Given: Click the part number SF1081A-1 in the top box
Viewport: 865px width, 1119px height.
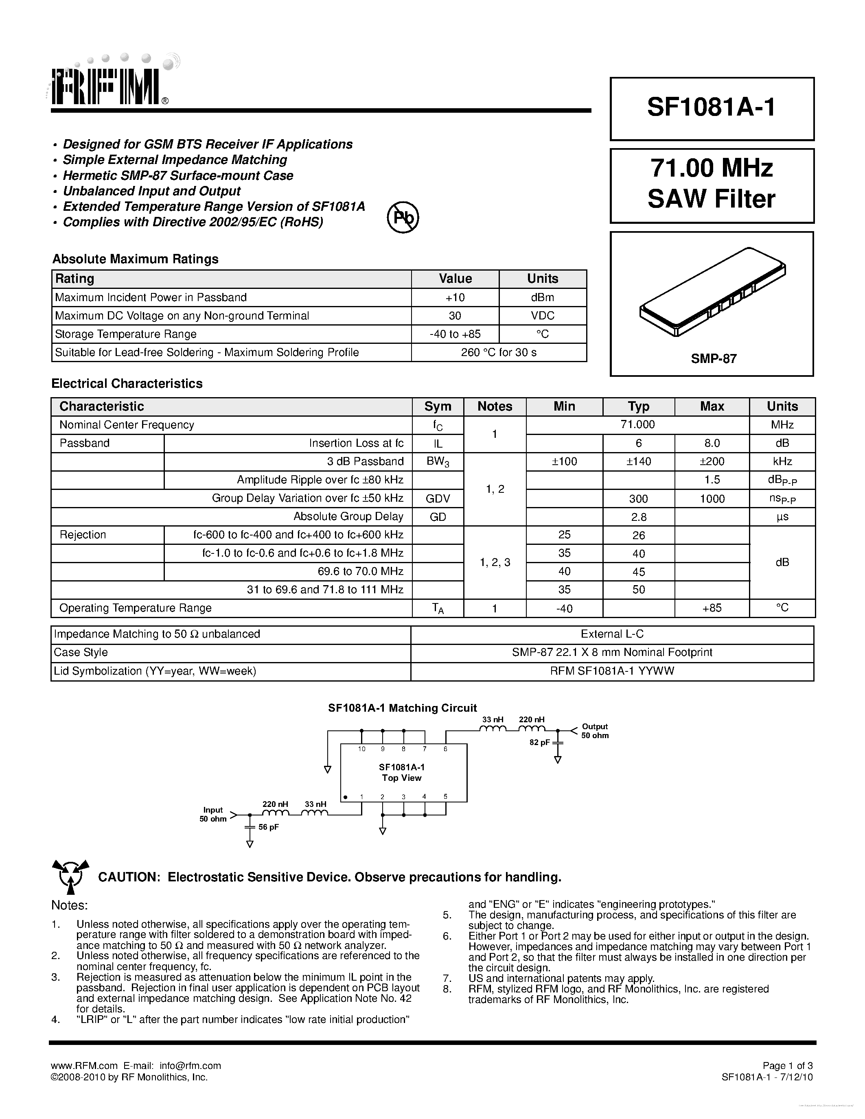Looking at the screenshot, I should coord(711,107).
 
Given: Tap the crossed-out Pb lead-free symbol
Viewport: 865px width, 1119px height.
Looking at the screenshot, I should coord(403,217).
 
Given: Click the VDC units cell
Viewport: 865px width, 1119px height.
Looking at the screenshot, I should coord(542,316).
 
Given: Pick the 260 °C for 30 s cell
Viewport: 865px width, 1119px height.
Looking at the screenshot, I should coord(498,352).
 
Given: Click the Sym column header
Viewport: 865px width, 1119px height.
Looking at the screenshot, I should coord(438,407).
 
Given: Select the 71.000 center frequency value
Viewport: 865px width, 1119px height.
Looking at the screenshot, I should coord(637,425).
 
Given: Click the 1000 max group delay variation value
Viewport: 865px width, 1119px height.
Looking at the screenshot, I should coord(712,499).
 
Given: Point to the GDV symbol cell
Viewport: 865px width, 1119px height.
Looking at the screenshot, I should coord(438,498).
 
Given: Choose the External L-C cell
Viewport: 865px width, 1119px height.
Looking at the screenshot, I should coord(612,634).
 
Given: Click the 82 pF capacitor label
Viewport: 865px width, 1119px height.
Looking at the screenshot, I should coord(540,743).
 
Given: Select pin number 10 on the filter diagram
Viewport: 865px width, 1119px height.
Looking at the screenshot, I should coord(362,749).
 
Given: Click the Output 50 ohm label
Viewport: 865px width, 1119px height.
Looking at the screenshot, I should coord(594,731).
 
